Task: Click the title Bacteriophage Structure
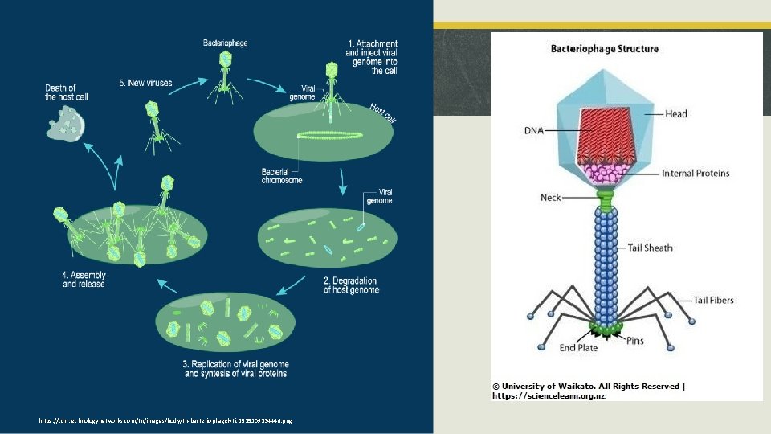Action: [x=604, y=48]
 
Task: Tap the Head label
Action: [x=675, y=114]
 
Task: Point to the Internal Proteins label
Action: [x=696, y=174]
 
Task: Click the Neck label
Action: [x=550, y=197]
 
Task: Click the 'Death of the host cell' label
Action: [x=66, y=92]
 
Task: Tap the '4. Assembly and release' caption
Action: [x=84, y=279]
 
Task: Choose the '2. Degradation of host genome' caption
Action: [x=350, y=285]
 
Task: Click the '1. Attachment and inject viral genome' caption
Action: [x=372, y=56]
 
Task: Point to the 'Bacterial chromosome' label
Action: [x=282, y=175]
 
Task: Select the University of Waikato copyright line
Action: [x=589, y=387]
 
